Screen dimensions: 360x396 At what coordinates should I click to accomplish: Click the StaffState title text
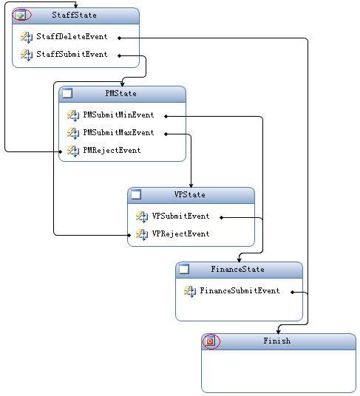74,15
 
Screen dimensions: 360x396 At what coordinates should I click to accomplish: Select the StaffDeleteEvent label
72,36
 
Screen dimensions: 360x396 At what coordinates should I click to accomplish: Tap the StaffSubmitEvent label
72,54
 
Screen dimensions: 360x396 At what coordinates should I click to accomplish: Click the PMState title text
120,93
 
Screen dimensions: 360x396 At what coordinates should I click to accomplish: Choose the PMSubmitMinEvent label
118,115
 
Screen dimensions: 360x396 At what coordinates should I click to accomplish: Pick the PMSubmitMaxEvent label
118,132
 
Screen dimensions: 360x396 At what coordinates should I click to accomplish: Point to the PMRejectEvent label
112,150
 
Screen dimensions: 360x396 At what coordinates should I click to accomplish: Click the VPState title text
189,194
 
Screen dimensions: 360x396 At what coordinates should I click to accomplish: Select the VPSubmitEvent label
180,216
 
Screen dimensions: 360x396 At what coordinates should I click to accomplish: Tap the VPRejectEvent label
180,233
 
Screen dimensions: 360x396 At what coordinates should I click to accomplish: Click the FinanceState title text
237,269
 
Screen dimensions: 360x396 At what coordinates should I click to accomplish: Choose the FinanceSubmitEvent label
240,290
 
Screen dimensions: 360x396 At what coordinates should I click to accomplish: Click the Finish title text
277,341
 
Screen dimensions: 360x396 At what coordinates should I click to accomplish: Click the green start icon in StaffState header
21,16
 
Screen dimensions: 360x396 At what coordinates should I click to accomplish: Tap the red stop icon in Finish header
210,341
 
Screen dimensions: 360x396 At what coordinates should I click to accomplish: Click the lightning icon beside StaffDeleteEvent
27,37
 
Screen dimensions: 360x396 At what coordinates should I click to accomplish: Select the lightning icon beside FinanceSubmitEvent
190,291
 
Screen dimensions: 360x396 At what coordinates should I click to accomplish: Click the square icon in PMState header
67,93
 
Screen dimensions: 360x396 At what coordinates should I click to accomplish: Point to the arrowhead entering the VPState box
191,185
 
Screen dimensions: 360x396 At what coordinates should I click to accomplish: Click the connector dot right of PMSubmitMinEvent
166,117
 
